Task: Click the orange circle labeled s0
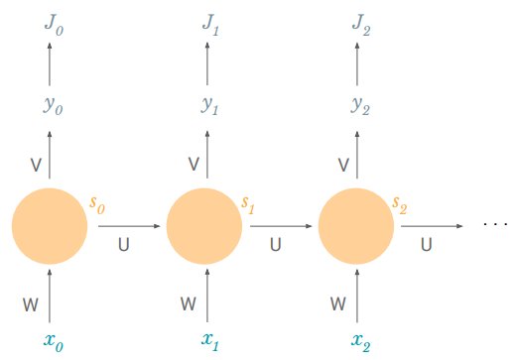pos(50,227)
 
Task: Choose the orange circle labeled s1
pos(204,227)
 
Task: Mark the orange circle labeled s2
pos(356,227)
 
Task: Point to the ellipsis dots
pos(494,225)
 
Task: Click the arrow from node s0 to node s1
pos(128,227)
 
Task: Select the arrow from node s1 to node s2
pos(281,227)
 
